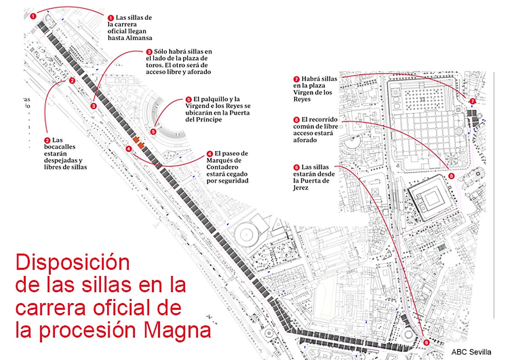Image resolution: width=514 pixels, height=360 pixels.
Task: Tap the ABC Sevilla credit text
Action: (471, 352)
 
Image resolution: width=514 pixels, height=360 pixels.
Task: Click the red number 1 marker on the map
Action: (33, 16)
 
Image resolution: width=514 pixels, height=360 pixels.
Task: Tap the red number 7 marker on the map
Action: (472, 101)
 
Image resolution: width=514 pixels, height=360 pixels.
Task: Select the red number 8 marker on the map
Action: (451, 176)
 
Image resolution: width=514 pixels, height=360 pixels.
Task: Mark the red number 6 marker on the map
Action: (426, 342)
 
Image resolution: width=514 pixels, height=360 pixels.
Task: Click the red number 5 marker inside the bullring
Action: (153, 131)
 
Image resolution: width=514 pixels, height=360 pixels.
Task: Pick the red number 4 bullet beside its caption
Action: (209, 153)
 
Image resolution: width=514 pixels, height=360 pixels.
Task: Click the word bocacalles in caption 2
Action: (60, 147)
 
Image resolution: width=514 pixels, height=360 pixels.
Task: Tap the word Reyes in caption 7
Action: (302, 99)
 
